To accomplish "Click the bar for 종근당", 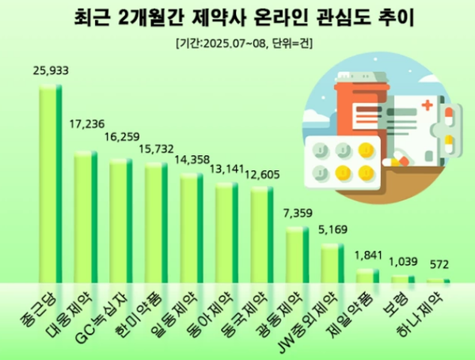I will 51,183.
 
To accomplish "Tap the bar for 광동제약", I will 297,254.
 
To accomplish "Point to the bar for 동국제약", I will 262,234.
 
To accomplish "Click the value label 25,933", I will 51,71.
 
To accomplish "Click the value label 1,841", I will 369,255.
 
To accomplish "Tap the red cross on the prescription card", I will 428,106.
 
